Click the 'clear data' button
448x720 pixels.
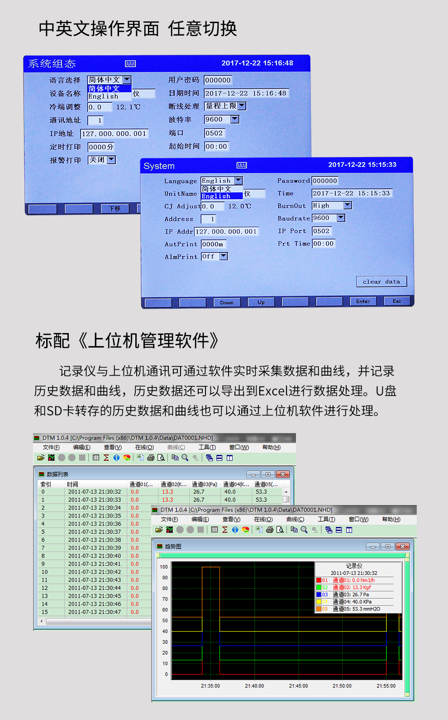[x=381, y=281]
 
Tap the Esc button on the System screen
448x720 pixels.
[x=397, y=301]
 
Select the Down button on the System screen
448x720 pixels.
[x=227, y=302]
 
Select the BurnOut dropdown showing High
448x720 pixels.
[x=332, y=205]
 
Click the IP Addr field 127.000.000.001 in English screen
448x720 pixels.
[x=226, y=232]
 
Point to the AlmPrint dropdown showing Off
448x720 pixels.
[x=214, y=257]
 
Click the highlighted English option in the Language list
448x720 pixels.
[x=216, y=196]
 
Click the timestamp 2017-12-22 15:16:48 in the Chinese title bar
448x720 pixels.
[x=257, y=63]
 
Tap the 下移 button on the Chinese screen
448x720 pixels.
[x=115, y=209]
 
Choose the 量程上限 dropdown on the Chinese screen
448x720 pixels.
[x=225, y=106]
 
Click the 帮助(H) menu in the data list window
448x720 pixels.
[x=271, y=447]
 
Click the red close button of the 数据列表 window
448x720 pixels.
[x=283, y=474]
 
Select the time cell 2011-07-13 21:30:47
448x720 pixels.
[x=95, y=612]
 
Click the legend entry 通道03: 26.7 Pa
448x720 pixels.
[x=351, y=595]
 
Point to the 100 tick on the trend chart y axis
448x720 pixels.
[x=164, y=567]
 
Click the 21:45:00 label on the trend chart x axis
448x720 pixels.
[x=298, y=686]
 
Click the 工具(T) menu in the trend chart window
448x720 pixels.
[x=326, y=520]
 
